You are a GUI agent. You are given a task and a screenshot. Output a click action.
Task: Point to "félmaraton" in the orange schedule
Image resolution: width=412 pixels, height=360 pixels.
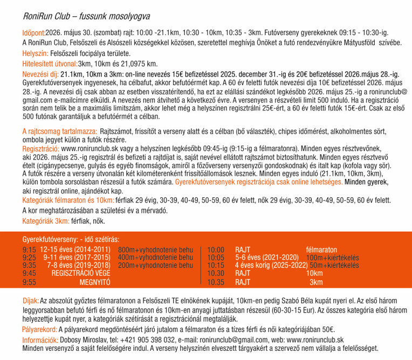click(321, 250)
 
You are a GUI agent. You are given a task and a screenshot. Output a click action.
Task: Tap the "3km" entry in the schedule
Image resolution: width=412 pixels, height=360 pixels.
click(316, 281)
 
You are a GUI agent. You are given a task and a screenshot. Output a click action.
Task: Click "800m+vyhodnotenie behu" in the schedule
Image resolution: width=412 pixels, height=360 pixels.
click(155, 250)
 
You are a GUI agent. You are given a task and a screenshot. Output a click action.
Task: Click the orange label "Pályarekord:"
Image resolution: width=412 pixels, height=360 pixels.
click(40, 329)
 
